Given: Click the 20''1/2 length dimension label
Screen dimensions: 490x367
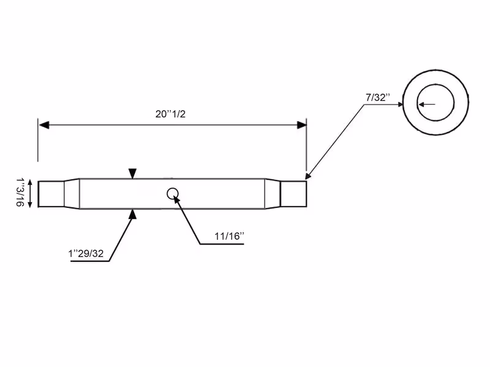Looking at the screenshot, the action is coord(170,114).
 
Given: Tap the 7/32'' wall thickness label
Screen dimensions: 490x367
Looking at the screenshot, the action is coord(378,97).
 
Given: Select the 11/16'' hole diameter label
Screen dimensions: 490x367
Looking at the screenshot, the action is coord(229,236).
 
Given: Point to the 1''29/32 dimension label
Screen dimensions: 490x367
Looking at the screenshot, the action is coord(86,253).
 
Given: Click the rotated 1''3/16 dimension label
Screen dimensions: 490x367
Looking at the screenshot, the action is coord(20,192).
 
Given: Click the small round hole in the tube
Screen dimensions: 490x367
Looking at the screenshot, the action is coord(173,194).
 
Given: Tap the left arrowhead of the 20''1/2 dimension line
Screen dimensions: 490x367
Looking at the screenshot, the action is coord(44,125).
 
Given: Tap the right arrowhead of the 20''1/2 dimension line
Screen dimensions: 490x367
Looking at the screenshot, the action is coord(301,125).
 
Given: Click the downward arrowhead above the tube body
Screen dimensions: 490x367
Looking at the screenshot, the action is coord(132,174).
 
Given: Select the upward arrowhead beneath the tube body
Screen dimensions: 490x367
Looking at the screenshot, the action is coord(133,214).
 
